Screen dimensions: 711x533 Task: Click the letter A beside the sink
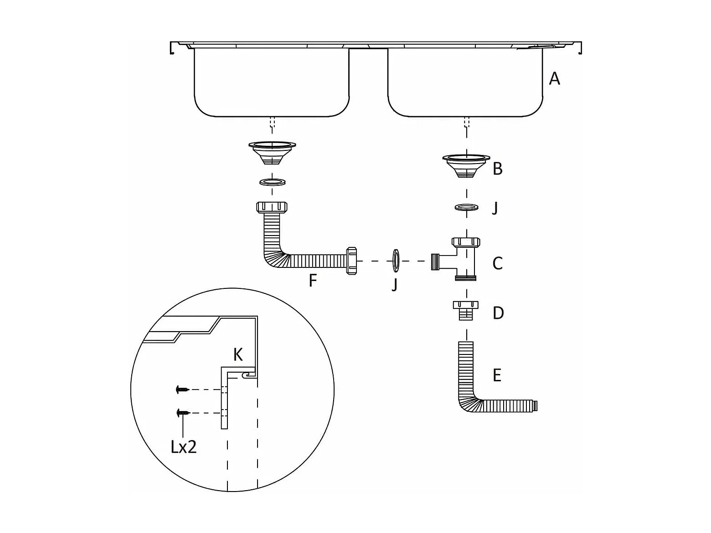click(x=554, y=79)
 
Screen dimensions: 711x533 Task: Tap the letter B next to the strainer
click(x=498, y=169)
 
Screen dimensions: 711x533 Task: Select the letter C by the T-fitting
click(x=498, y=263)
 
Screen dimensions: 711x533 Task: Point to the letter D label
click(x=498, y=313)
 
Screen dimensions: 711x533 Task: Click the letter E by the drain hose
click(x=497, y=375)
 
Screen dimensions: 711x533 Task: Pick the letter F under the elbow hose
click(x=313, y=280)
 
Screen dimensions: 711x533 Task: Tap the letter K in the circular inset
click(x=238, y=355)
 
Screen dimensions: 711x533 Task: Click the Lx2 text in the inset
click(x=184, y=447)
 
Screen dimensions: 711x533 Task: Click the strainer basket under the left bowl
click(x=272, y=153)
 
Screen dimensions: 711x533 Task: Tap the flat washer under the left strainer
click(x=273, y=182)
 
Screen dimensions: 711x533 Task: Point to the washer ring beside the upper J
click(x=466, y=207)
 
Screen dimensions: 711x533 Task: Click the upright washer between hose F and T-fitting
click(x=396, y=261)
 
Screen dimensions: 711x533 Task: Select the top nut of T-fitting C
click(x=466, y=242)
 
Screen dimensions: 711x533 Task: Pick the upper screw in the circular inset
click(x=182, y=389)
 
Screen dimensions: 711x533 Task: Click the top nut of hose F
click(x=272, y=207)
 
